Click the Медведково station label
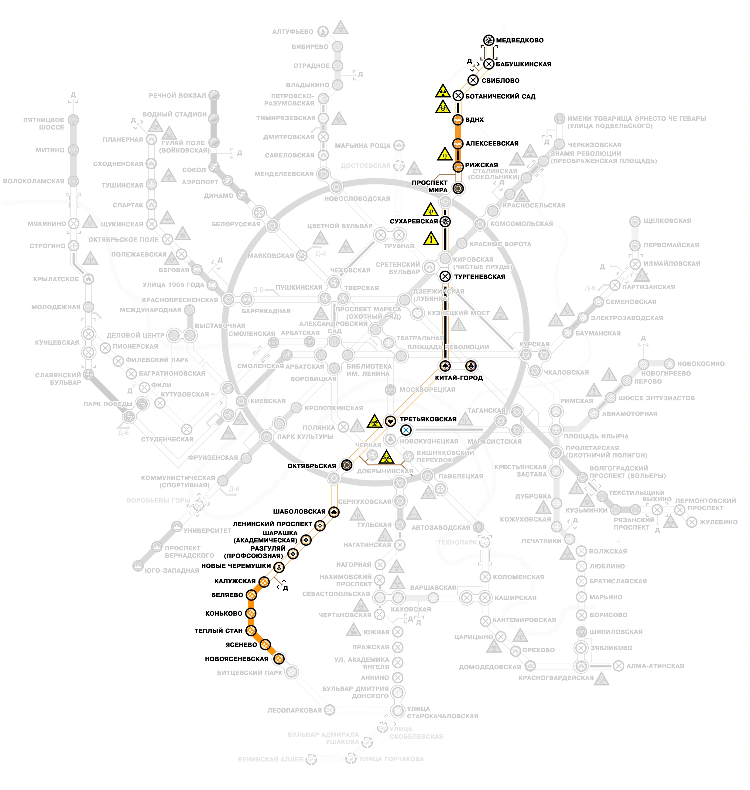pyautogui.click(x=519, y=40)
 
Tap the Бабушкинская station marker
pyautogui.click(x=488, y=64)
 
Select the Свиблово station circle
pyautogui.click(x=473, y=80)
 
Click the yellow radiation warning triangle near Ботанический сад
pyautogui.click(x=443, y=91)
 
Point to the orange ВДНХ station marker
pyautogui.click(x=458, y=119)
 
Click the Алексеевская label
pyautogui.click(x=492, y=143)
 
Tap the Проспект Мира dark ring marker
pyautogui.click(x=458, y=188)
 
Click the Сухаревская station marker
pyautogui.click(x=445, y=221)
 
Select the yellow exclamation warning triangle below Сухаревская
pyautogui.click(x=431, y=239)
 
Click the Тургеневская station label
pyautogui.click(x=479, y=276)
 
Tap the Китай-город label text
pyautogui.click(x=459, y=378)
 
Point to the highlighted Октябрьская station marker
pyautogui.click(x=347, y=465)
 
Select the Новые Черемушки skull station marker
pyautogui.click(x=279, y=567)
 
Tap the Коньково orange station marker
pyautogui.click(x=251, y=613)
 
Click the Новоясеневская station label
pyautogui.click(x=236, y=658)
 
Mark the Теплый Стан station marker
pyautogui.click(x=251, y=630)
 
